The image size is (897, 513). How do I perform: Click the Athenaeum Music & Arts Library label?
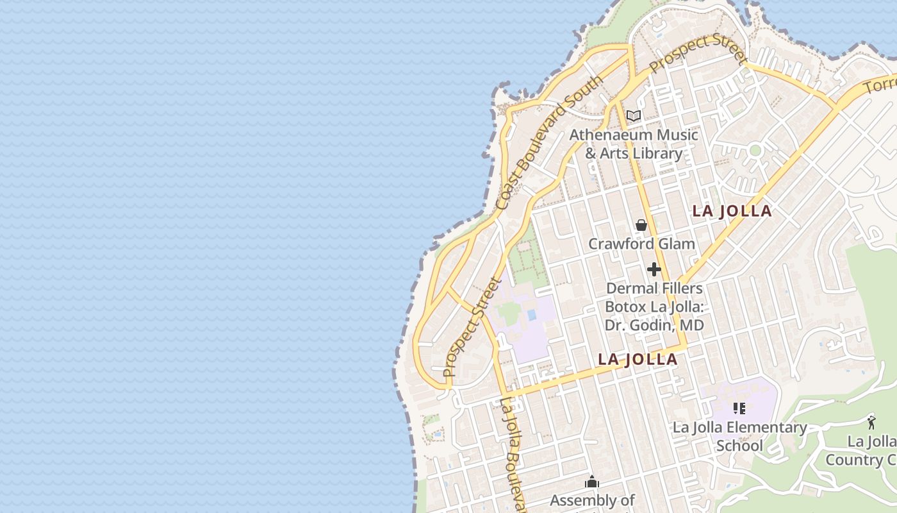click(633, 144)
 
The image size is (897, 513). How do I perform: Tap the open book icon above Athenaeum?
click(634, 116)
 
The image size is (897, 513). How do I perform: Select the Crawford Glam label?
click(641, 244)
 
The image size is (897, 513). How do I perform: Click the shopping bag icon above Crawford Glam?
click(641, 225)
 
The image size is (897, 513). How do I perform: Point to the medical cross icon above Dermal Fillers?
click(654, 269)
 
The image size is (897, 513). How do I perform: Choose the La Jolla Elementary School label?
click(739, 436)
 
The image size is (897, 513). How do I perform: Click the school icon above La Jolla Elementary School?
click(739, 408)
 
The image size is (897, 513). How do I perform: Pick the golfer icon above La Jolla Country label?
click(871, 423)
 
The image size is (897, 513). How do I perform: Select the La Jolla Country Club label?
click(862, 451)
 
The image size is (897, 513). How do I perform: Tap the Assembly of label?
click(592, 500)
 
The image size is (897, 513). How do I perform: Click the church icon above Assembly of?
click(592, 482)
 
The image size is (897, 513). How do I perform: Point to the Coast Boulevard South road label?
click(549, 142)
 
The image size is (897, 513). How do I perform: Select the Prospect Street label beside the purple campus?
click(471, 327)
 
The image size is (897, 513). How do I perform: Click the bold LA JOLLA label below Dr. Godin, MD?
click(638, 359)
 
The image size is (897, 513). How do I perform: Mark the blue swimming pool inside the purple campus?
click(532, 315)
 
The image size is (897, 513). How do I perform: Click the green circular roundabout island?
click(755, 151)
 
